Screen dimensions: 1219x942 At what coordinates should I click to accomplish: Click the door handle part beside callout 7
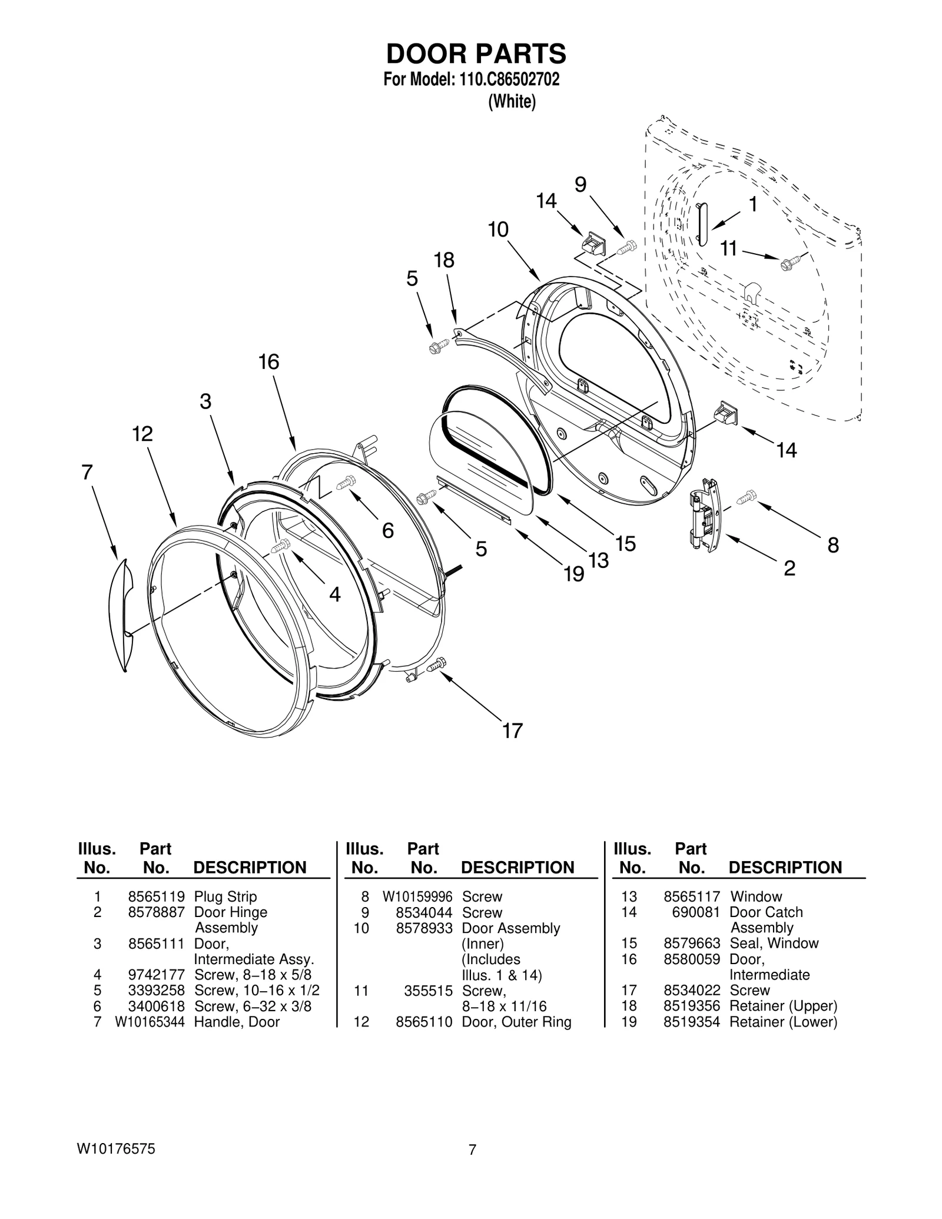pos(121,615)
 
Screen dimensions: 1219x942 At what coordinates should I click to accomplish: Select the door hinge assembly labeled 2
pos(704,514)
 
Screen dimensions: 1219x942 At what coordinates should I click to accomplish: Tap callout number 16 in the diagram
pos(268,362)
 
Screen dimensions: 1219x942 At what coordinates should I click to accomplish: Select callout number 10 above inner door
pos(498,230)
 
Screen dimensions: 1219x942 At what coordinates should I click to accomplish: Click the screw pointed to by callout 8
pos(744,497)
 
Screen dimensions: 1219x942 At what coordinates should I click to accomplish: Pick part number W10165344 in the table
pos(150,1022)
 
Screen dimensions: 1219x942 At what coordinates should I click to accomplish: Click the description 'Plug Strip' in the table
pos(225,897)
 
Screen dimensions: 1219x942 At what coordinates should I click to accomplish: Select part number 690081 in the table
pos(696,912)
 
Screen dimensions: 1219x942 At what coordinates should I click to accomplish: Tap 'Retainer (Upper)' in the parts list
pos(783,1006)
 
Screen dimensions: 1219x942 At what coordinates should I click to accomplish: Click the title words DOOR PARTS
pos(476,54)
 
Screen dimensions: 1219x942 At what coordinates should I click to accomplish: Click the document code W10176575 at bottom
pos(115,1148)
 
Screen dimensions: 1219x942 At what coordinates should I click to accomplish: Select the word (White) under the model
pos(512,102)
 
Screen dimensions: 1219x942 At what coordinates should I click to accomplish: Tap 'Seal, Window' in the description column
pos(774,944)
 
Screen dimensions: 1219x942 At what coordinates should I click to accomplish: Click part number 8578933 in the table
pos(424,928)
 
